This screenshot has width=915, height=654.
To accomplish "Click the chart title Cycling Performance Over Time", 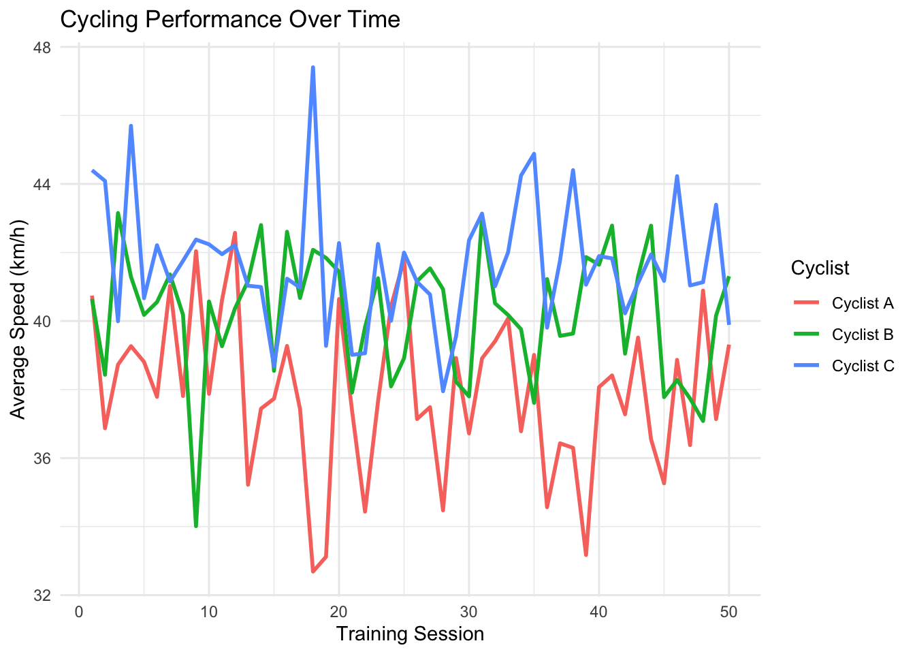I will tap(230, 19).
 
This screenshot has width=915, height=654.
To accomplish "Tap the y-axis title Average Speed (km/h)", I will tap(18, 320).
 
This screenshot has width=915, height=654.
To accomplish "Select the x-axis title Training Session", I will tap(410, 634).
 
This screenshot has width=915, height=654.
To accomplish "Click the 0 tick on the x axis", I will tap(79, 612).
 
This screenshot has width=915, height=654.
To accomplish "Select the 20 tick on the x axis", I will tap(339, 612).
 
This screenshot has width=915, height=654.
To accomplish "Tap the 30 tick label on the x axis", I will tap(469, 612).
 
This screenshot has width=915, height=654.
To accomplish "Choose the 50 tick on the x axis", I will tap(729, 612).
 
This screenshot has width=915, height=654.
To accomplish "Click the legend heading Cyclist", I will tap(820, 268).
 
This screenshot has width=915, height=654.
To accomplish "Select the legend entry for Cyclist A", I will tap(862, 304).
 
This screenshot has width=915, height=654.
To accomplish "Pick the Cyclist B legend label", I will tap(862, 335).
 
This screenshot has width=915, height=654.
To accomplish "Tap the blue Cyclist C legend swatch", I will tap(805, 367).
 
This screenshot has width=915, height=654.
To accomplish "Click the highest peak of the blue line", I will tap(313, 67).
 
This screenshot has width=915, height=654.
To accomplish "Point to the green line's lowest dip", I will tap(196, 527).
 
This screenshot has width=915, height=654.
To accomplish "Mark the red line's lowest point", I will tap(313, 572).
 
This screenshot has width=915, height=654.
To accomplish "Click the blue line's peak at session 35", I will tap(534, 153).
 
